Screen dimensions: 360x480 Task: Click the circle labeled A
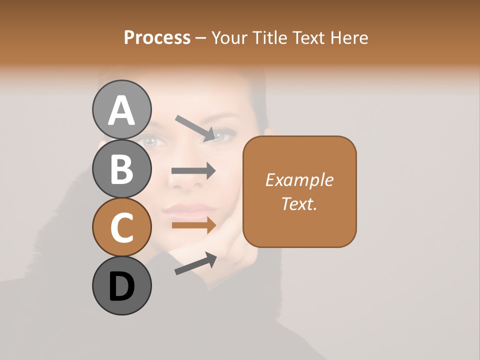(x=121, y=109)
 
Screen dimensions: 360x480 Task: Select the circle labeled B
(x=121, y=168)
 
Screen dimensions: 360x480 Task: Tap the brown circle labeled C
(x=121, y=227)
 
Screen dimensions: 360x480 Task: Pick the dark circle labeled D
(x=121, y=285)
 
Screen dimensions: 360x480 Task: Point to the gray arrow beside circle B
(x=193, y=171)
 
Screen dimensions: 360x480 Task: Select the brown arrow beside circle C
(x=193, y=225)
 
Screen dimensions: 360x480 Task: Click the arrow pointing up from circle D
(x=195, y=263)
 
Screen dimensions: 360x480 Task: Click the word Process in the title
(x=157, y=38)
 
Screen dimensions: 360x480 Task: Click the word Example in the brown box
(x=299, y=180)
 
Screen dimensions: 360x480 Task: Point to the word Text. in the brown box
(x=299, y=203)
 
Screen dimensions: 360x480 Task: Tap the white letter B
(x=121, y=168)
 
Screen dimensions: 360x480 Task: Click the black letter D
(x=121, y=286)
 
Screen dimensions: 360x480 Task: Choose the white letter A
(x=121, y=110)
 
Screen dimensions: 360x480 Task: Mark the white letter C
(x=121, y=227)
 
